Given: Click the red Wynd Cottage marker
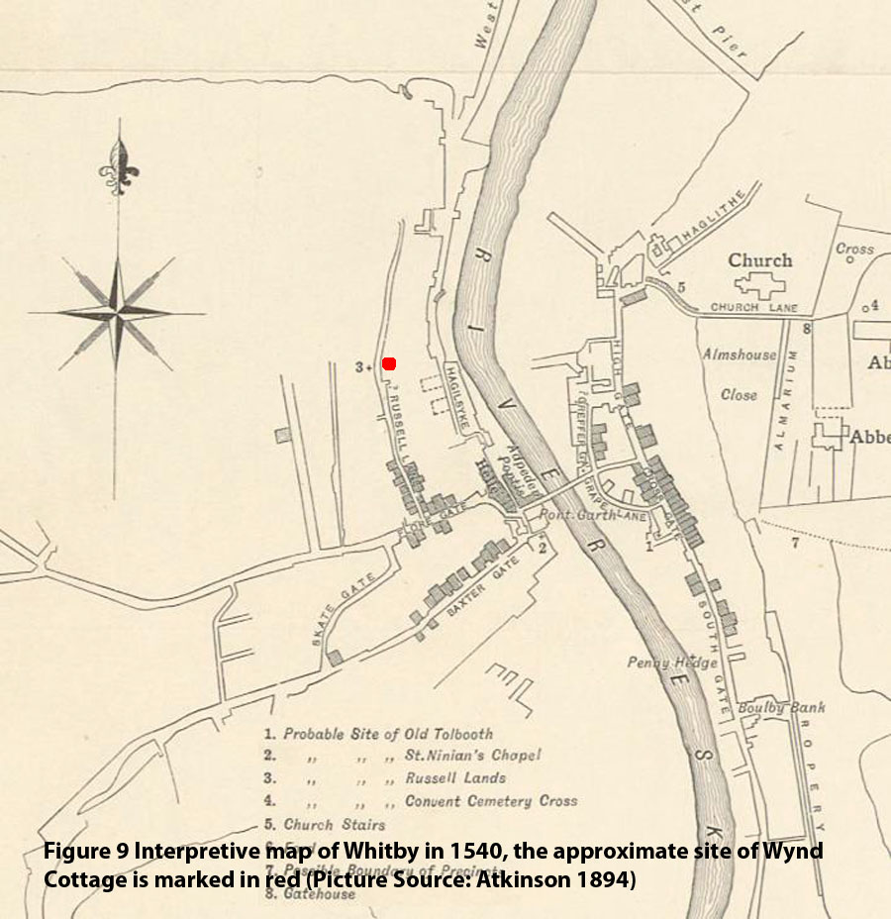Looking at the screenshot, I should click(x=389, y=363).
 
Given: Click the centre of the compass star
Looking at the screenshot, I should click(x=118, y=313).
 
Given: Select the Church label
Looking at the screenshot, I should click(x=760, y=260).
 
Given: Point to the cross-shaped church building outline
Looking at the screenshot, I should click(x=759, y=285).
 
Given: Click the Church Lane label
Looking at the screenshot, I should click(x=748, y=307).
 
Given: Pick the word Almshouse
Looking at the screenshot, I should click(x=740, y=354).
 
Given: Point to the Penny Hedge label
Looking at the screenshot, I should click(x=672, y=662).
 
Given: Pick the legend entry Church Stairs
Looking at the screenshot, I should click(x=335, y=824).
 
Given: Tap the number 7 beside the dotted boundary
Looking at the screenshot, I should click(x=793, y=542).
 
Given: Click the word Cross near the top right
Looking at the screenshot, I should click(x=854, y=249).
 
